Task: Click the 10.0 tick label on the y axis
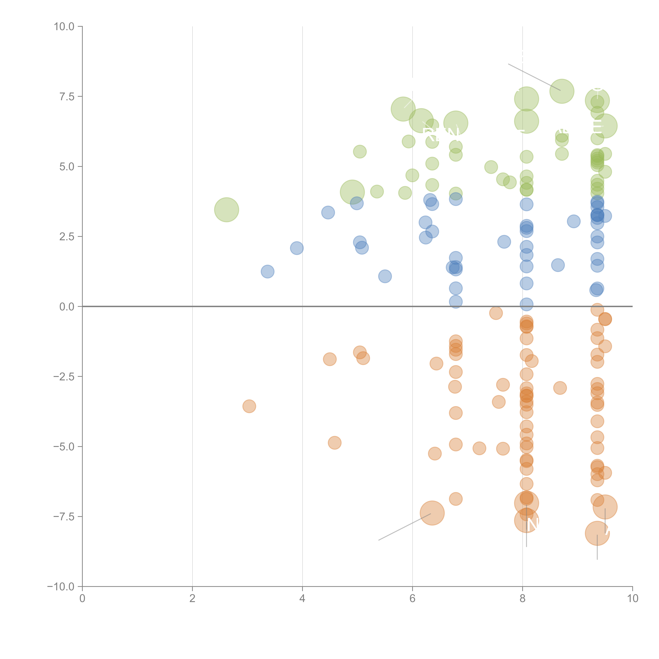coord(64,27)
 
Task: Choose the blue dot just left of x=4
coord(297,248)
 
